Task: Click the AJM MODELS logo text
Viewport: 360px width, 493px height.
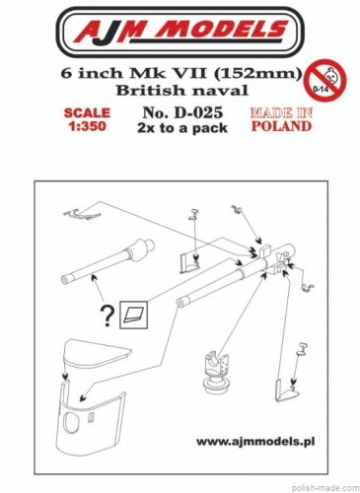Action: point(180,33)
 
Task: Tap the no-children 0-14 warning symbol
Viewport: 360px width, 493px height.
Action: point(324,79)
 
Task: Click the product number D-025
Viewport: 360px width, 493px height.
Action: point(182,113)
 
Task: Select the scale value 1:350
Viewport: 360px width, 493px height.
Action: point(87,126)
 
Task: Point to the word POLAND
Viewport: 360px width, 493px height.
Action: point(281,126)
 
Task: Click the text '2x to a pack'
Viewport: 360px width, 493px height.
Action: point(182,128)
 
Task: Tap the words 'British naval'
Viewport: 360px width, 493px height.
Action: point(182,90)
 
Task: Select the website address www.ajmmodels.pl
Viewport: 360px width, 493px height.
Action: point(255,442)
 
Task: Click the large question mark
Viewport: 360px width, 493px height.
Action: point(108,316)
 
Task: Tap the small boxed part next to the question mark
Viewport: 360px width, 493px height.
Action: point(133,315)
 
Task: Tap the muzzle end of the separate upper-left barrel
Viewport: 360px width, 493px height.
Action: point(65,280)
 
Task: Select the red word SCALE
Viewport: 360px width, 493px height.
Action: point(87,113)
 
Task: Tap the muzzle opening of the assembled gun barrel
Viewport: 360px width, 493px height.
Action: point(180,304)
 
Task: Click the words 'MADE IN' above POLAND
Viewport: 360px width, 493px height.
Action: point(281,113)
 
